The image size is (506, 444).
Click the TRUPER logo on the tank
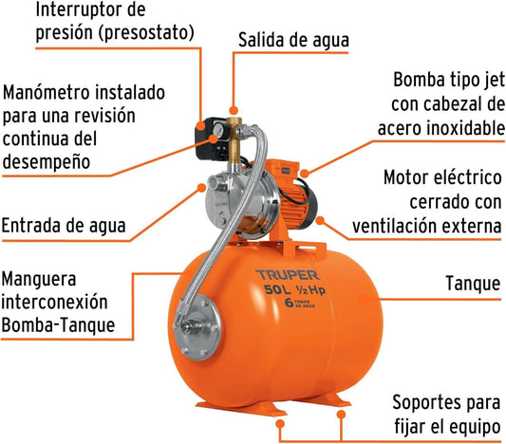coord(288,275)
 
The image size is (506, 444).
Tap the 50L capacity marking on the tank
coord(277,289)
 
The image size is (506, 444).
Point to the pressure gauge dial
coord(217,129)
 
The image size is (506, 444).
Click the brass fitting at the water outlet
coord(234,140)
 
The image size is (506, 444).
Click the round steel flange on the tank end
coord(197,326)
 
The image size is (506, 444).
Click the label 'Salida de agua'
coord(293,40)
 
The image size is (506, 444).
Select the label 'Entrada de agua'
coord(64,226)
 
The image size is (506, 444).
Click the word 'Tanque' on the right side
coord(473,284)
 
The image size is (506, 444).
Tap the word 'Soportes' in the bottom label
coord(427,402)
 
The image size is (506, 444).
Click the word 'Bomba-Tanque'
coord(59,325)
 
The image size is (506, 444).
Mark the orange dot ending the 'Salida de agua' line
coord(234,111)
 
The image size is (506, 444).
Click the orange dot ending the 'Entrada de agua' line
coord(201,188)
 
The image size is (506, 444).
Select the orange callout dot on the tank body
coord(364,299)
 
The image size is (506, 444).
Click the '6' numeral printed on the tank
coord(289,303)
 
